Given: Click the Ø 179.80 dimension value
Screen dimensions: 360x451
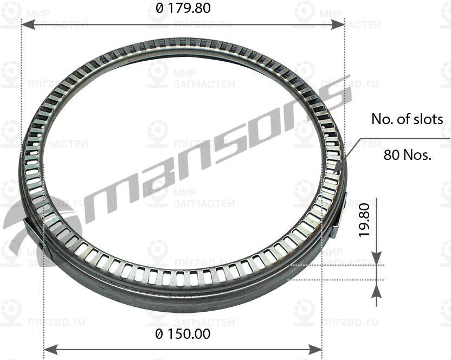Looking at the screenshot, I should click(x=183, y=9).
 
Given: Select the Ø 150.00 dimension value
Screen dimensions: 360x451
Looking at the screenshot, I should click(x=183, y=335).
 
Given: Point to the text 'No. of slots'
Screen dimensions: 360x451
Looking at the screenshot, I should click(x=407, y=119).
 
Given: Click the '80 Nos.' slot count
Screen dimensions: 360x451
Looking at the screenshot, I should click(x=407, y=156).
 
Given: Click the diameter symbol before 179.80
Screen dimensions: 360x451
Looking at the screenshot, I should click(x=159, y=9).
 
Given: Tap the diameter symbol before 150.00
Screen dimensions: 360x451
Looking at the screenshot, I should click(x=159, y=335).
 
